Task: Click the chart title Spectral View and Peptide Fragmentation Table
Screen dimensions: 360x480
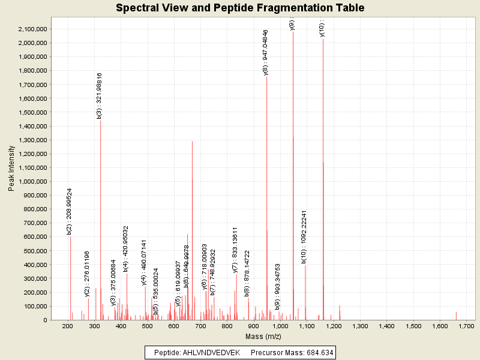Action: click(x=240, y=8)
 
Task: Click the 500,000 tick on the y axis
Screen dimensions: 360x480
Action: click(x=35, y=251)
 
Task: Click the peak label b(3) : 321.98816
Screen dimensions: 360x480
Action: click(x=100, y=96)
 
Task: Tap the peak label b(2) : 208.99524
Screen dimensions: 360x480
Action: click(x=70, y=211)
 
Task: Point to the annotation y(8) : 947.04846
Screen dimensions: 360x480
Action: click(x=266, y=52)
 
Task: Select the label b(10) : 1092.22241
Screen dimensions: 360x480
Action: click(x=304, y=237)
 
